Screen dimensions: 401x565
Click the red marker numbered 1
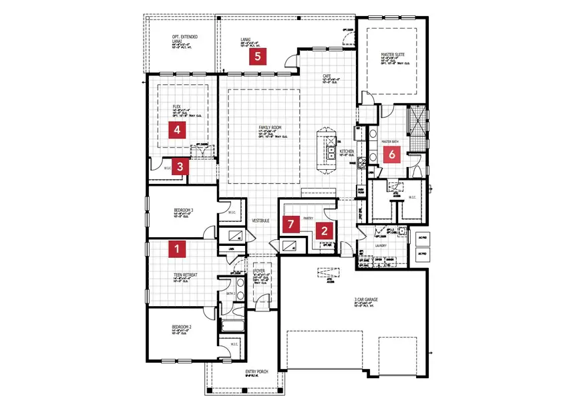(177, 249)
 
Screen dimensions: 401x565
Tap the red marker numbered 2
(325, 231)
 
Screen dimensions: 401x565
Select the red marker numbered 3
(180, 167)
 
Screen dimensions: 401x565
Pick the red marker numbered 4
(177, 130)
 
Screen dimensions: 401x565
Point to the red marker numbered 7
(291, 224)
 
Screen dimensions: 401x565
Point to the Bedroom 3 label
(183, 211)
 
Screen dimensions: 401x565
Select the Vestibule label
(260, 220)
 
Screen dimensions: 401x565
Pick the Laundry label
(379, 245)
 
